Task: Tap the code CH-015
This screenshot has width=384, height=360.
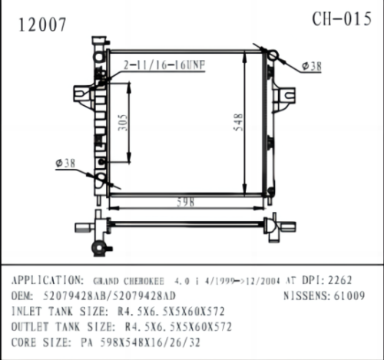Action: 342,19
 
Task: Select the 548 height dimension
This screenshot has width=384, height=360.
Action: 239,121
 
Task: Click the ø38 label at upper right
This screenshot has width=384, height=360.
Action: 311,67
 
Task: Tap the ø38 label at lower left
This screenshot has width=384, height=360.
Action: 65,163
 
